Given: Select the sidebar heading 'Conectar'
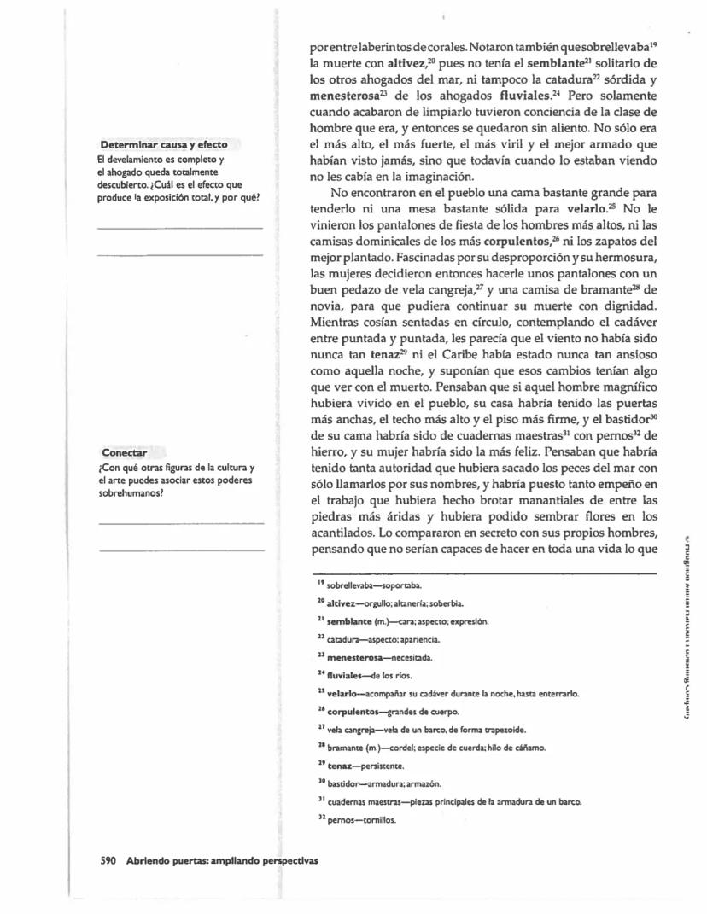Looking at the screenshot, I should (125, 451).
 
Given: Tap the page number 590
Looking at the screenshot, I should (108, 860).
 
